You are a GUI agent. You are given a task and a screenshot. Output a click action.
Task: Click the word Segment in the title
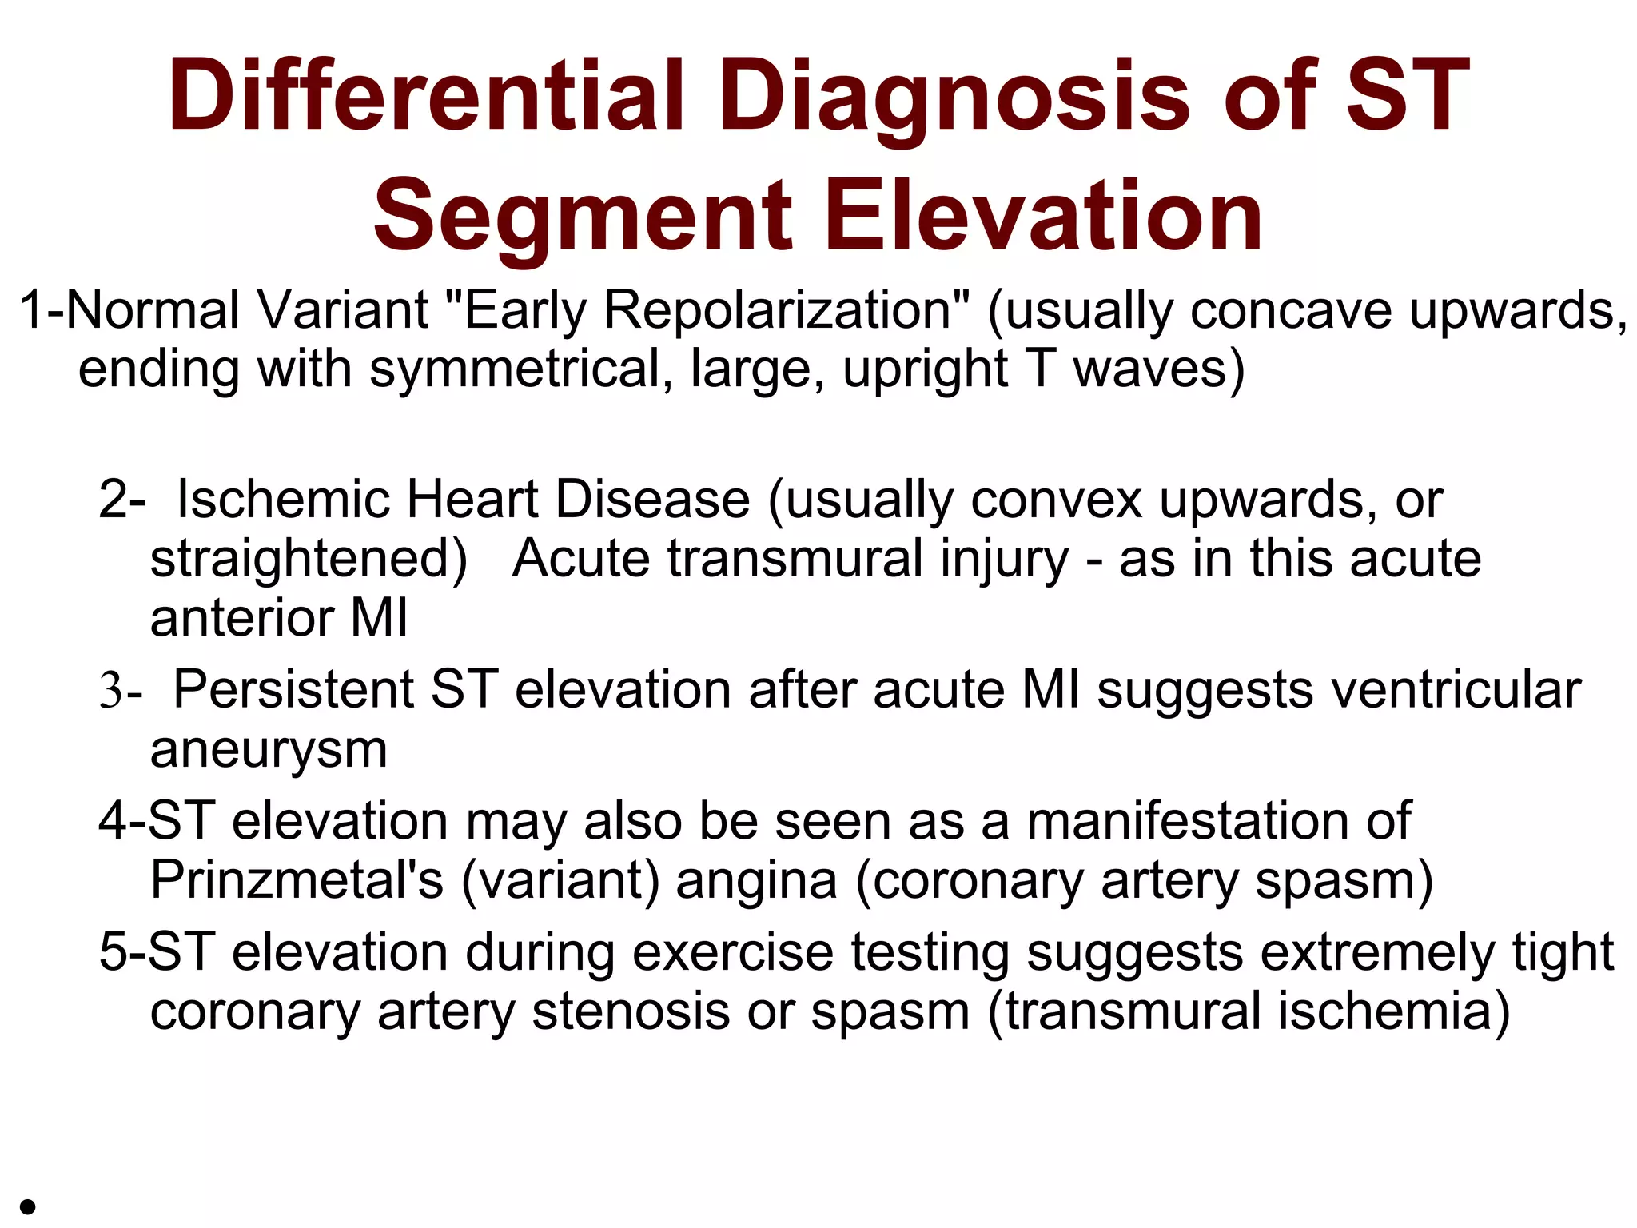point(583,216)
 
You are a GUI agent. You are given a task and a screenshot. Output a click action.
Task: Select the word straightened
point(308,559)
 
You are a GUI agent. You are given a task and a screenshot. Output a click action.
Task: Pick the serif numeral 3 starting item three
point(110,691)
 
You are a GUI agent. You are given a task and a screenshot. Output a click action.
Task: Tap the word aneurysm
point(269,750)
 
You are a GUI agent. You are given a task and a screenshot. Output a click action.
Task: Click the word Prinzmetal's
point(297,880)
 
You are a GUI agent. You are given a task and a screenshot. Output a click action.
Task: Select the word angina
point(756,882)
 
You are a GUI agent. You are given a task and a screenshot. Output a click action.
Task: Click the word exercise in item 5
point(732,953)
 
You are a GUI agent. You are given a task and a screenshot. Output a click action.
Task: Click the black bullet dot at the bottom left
point(28,1206)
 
